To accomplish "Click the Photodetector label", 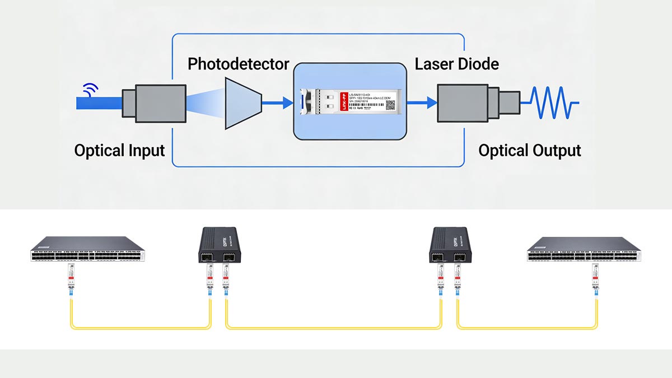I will click(238, 64).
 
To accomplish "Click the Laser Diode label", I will click(456, 64).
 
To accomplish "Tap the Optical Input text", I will click(119, 151).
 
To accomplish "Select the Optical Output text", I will click(529, 151).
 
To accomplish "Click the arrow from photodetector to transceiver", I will click(279, 102).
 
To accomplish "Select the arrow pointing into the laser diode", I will click(422, 102).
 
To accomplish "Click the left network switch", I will click(88, 249).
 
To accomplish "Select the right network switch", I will click(584, 249).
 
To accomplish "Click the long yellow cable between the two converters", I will click(334, 326).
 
